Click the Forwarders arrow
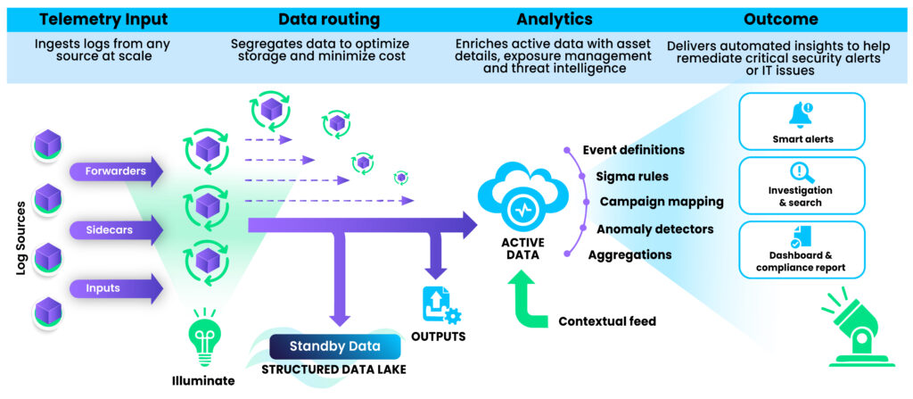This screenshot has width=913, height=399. coord(116,171)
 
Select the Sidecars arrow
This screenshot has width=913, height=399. coord(116,229)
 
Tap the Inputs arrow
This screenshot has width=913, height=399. coord(116,288)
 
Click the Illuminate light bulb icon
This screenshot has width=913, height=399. coord(203,339)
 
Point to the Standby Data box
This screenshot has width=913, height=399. coord(335,346)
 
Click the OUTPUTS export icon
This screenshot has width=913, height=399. coord(440,306)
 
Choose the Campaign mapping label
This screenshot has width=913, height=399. coord(662,202)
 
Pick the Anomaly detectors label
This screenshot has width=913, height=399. coord(655,229)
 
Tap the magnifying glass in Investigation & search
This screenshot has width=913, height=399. coord(802,173)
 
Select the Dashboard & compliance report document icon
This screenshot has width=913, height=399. coord(802,237)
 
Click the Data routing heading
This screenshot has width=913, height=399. coord(329,20)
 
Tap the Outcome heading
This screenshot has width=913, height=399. coord(781,20)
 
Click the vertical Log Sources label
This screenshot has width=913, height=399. coord(21,239)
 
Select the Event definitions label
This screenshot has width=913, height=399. coord(634,150)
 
